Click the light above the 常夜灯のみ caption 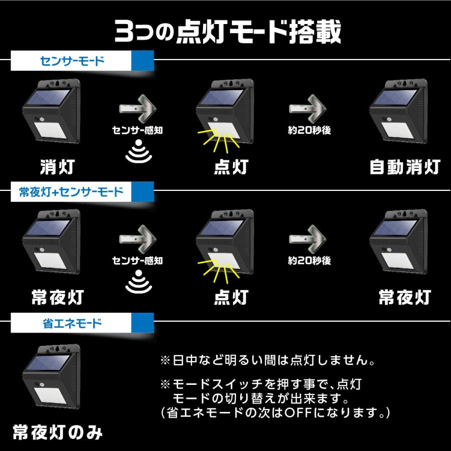[52, 377]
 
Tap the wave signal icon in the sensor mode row [138, 153]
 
